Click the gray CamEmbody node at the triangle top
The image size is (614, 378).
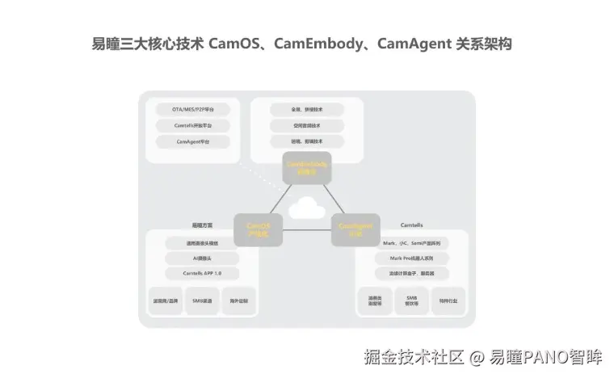coord(306,167)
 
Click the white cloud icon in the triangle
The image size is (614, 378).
coord(306,209)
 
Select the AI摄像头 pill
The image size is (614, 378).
coord(201,258)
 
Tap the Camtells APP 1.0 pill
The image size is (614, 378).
coord(201,274)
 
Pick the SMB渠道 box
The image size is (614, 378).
coord(201,301)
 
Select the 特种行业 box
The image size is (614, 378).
coord(448,301)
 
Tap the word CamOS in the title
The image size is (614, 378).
coord(233,44)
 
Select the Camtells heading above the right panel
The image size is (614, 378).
coord(412,225)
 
